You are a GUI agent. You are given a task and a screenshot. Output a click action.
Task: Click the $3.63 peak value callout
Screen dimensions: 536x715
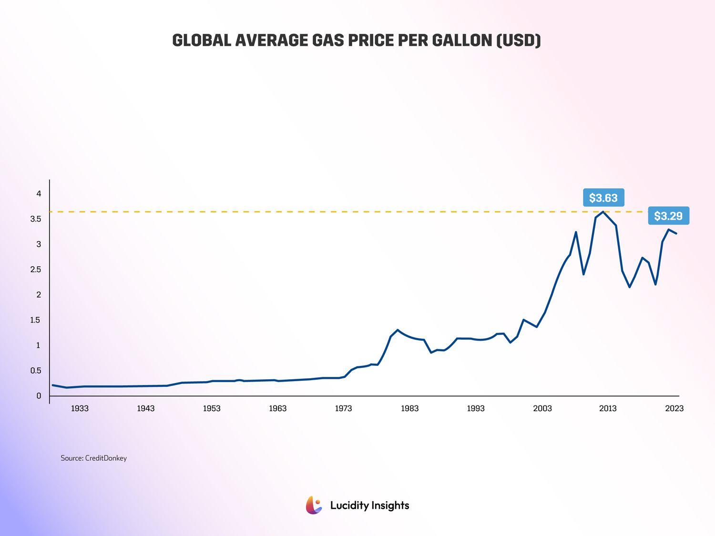click(x=603, y=198)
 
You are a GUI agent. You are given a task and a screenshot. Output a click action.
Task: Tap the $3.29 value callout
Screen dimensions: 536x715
click(x=668, y=216)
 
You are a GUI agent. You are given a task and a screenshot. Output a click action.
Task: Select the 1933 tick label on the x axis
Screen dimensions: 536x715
click(x=80, y=408)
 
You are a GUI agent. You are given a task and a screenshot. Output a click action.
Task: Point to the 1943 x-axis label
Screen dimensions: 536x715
click(x=145, y=408)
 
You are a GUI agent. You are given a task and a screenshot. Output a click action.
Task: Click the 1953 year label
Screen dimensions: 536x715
click(x=212, y=408)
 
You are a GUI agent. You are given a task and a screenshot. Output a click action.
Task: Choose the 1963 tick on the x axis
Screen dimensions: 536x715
click(x=277, y=408)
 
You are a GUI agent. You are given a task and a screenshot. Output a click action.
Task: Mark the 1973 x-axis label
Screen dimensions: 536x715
click(x=343, y=408)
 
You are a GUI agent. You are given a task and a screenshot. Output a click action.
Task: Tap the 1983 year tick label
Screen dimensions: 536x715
click(x=409, y=408)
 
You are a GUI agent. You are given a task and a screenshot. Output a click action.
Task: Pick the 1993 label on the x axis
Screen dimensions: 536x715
click(x=476, y=408)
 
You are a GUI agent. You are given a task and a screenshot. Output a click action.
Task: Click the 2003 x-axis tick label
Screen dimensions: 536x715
click(x=542, y=408)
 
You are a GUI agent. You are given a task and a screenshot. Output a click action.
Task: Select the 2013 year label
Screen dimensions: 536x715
click(x=608, y=408)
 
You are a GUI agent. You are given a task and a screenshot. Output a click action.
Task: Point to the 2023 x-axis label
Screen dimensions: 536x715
click(x=674, y=408)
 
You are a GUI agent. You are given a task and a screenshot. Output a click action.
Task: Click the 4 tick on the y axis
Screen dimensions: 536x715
click(x=39, y=193)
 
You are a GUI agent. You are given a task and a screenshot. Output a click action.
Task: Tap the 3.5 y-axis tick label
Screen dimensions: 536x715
click(x=36, y=219)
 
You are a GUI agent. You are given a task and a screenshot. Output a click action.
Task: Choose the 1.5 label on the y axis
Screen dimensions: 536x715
click(x=36, y=320)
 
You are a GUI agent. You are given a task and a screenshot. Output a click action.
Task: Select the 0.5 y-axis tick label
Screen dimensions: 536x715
click(x=36, y=371)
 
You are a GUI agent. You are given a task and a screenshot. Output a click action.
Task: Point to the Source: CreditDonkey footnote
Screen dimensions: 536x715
click(x=93, y=458)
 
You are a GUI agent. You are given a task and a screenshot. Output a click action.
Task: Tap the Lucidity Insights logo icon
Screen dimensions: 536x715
click(x=314, y=505)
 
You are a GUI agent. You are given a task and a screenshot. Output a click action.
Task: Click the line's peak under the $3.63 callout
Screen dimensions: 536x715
click(x=603, y=212)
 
